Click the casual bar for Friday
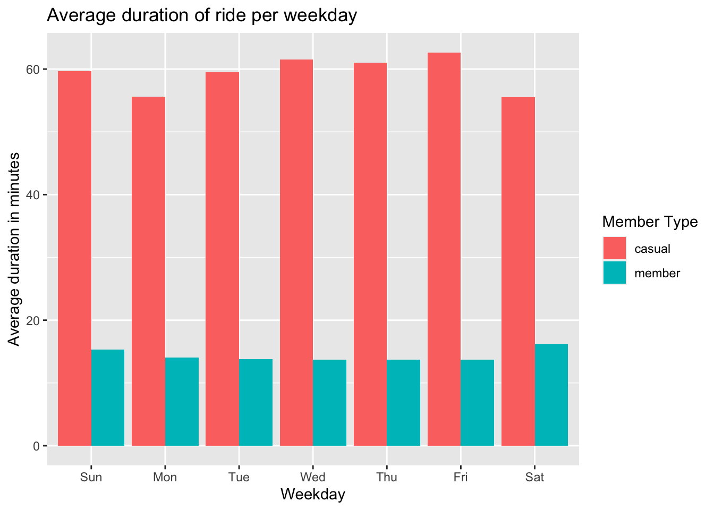click(x=444, y=249)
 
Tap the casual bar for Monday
click(x=148, y=271)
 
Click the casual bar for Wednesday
click(x=296, y=252)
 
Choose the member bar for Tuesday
click(x=256, y=402)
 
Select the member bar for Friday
click(x=478, y=403)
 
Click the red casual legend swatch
click(x=614, y=249)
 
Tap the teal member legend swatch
click(x=614, y=273)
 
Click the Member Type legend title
click(x=650, y=222)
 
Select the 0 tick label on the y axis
click(x=37, y=446)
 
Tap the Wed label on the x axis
click(x=313, y=477)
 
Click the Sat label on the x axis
click(x=534, y=477)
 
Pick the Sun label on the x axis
click(x=91, y=477)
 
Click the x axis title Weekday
click(x=313, y=495)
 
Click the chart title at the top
click(x=202, y=16)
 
